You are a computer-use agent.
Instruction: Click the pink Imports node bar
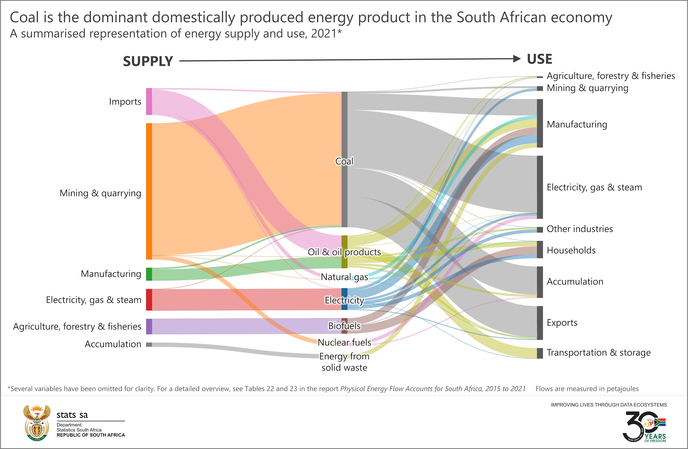[x=149, y=102]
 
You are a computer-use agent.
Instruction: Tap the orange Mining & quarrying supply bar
[x=149, y=191]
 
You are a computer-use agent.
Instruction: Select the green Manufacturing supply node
[x=149, y=274]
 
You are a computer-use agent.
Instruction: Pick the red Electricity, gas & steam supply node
[x=149, y=300]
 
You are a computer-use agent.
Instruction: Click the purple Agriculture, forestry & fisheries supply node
[x=149, y=326]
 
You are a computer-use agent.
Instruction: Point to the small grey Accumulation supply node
[x=149, y=344]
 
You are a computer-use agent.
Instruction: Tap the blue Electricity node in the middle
[x=344, y=299]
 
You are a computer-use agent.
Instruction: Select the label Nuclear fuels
[x=344, y=342]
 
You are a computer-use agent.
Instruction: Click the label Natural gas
[x=344, y=277]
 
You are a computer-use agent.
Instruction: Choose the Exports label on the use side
[x=562, y=322]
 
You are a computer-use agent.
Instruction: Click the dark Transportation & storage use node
[x=540, y=353]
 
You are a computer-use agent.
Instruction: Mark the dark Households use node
[x=540, y=249]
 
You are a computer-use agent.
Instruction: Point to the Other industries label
[x=580, y=229]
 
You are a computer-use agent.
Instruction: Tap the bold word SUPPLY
[x=148, y=61]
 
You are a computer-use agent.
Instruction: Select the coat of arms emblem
[x=37, y=422]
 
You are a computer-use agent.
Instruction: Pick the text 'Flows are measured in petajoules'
[x=587, y=389]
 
